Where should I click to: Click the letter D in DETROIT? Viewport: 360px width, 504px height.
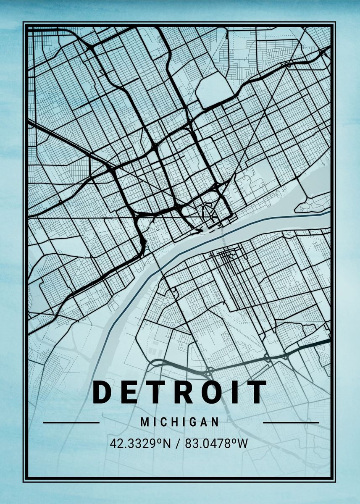pos(104,392)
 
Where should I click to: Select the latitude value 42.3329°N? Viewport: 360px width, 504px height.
pos(140,444)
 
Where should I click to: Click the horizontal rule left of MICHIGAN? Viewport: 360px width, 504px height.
pos(71,423)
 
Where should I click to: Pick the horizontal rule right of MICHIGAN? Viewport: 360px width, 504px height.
pos(291,423)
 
